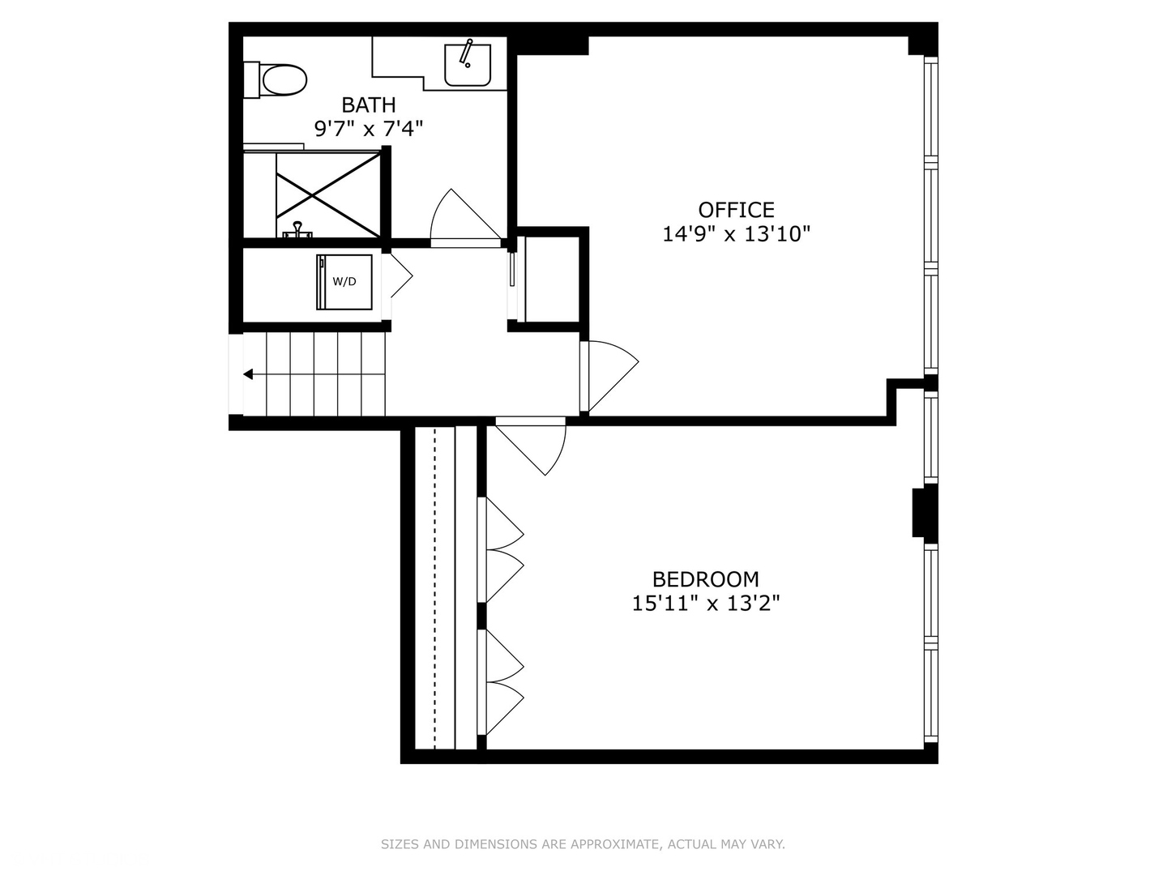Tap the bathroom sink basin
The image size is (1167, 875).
pyautogui.click(x=467, y=65)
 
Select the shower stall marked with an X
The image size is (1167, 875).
pyautogui.click(x=327, y=194)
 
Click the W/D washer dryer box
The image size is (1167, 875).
pyautogui.click(x=344, y=282)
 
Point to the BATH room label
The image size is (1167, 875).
pyautogui.click(x=368, y=105)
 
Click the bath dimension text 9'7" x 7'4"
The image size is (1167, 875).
pyautogui.click(x=368, y=128)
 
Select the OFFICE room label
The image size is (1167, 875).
pyautogui.click(x=736, y=210)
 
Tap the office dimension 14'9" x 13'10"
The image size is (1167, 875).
pyautogui.click(x=736, y=234)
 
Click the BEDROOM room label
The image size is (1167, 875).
pyautogui.click(x=705, y=579)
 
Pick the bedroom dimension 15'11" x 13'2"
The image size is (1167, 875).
pyautogui.click(x=705, y=604)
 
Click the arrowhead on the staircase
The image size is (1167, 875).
pyautogui.click(x=249, y=374)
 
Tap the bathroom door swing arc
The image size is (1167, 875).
pyautogui.click(x=462, y=217)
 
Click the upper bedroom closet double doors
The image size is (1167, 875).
pyautogui.click(x=502, y=551)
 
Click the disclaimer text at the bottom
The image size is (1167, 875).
pyautogui.click(x=583, y=844)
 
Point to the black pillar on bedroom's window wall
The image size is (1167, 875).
pyautogui.click(x=924, y=512)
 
